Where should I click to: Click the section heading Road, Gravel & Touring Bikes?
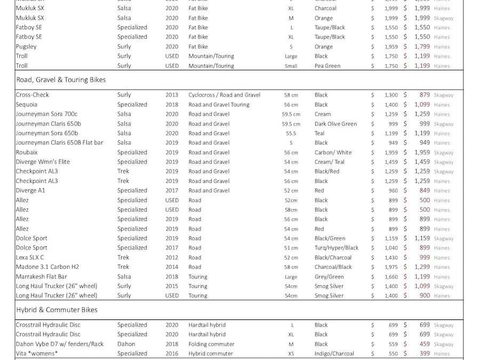(61, 80)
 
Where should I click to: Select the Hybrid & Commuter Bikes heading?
(57, 310)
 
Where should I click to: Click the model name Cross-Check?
(32, 95)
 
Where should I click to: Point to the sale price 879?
(425, 95)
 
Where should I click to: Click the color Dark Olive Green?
(335, 124)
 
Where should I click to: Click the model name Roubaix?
(27, 153)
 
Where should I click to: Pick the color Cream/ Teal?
(329, 162)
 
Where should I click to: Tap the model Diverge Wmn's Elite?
(43, 162)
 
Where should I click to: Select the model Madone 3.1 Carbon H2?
(47, 267)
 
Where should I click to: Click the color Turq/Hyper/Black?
(336, 248)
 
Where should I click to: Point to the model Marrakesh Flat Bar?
(42, 277)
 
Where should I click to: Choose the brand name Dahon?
(126, 344)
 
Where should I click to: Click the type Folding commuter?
(211, 344)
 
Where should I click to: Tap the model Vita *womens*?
(36, 354)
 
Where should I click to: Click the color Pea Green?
(327, 66)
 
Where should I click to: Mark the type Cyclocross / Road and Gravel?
(224, 95)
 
